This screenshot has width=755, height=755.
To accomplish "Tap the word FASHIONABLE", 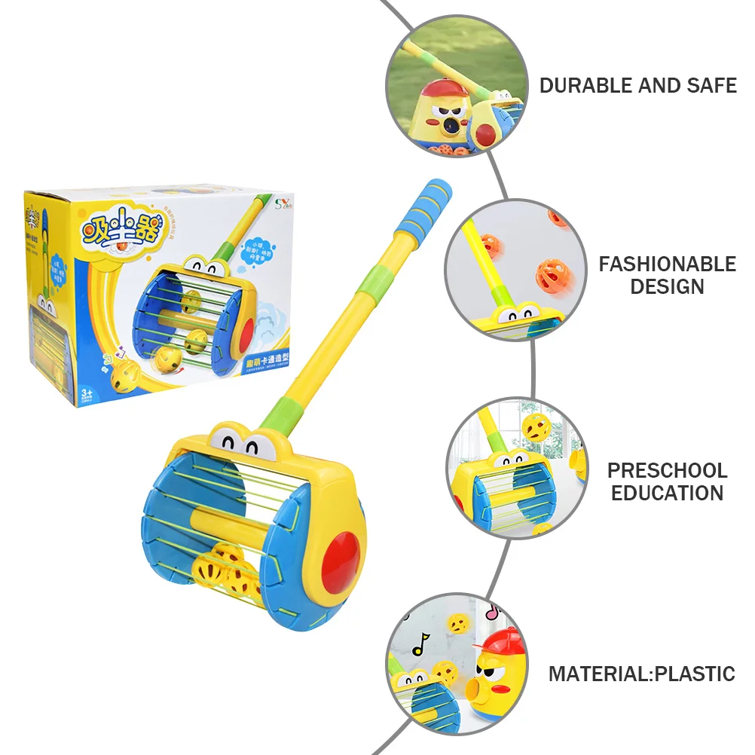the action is pos(667,264).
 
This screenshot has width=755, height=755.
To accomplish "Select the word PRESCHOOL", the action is pos(667,471).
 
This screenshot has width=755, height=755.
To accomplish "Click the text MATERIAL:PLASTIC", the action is pos(641,674).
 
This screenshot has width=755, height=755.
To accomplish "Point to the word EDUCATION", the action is pos(667,494).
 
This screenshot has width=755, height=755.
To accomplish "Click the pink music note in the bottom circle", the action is pos(493,612).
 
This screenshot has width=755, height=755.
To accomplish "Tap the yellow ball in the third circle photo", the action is pos(534,428).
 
